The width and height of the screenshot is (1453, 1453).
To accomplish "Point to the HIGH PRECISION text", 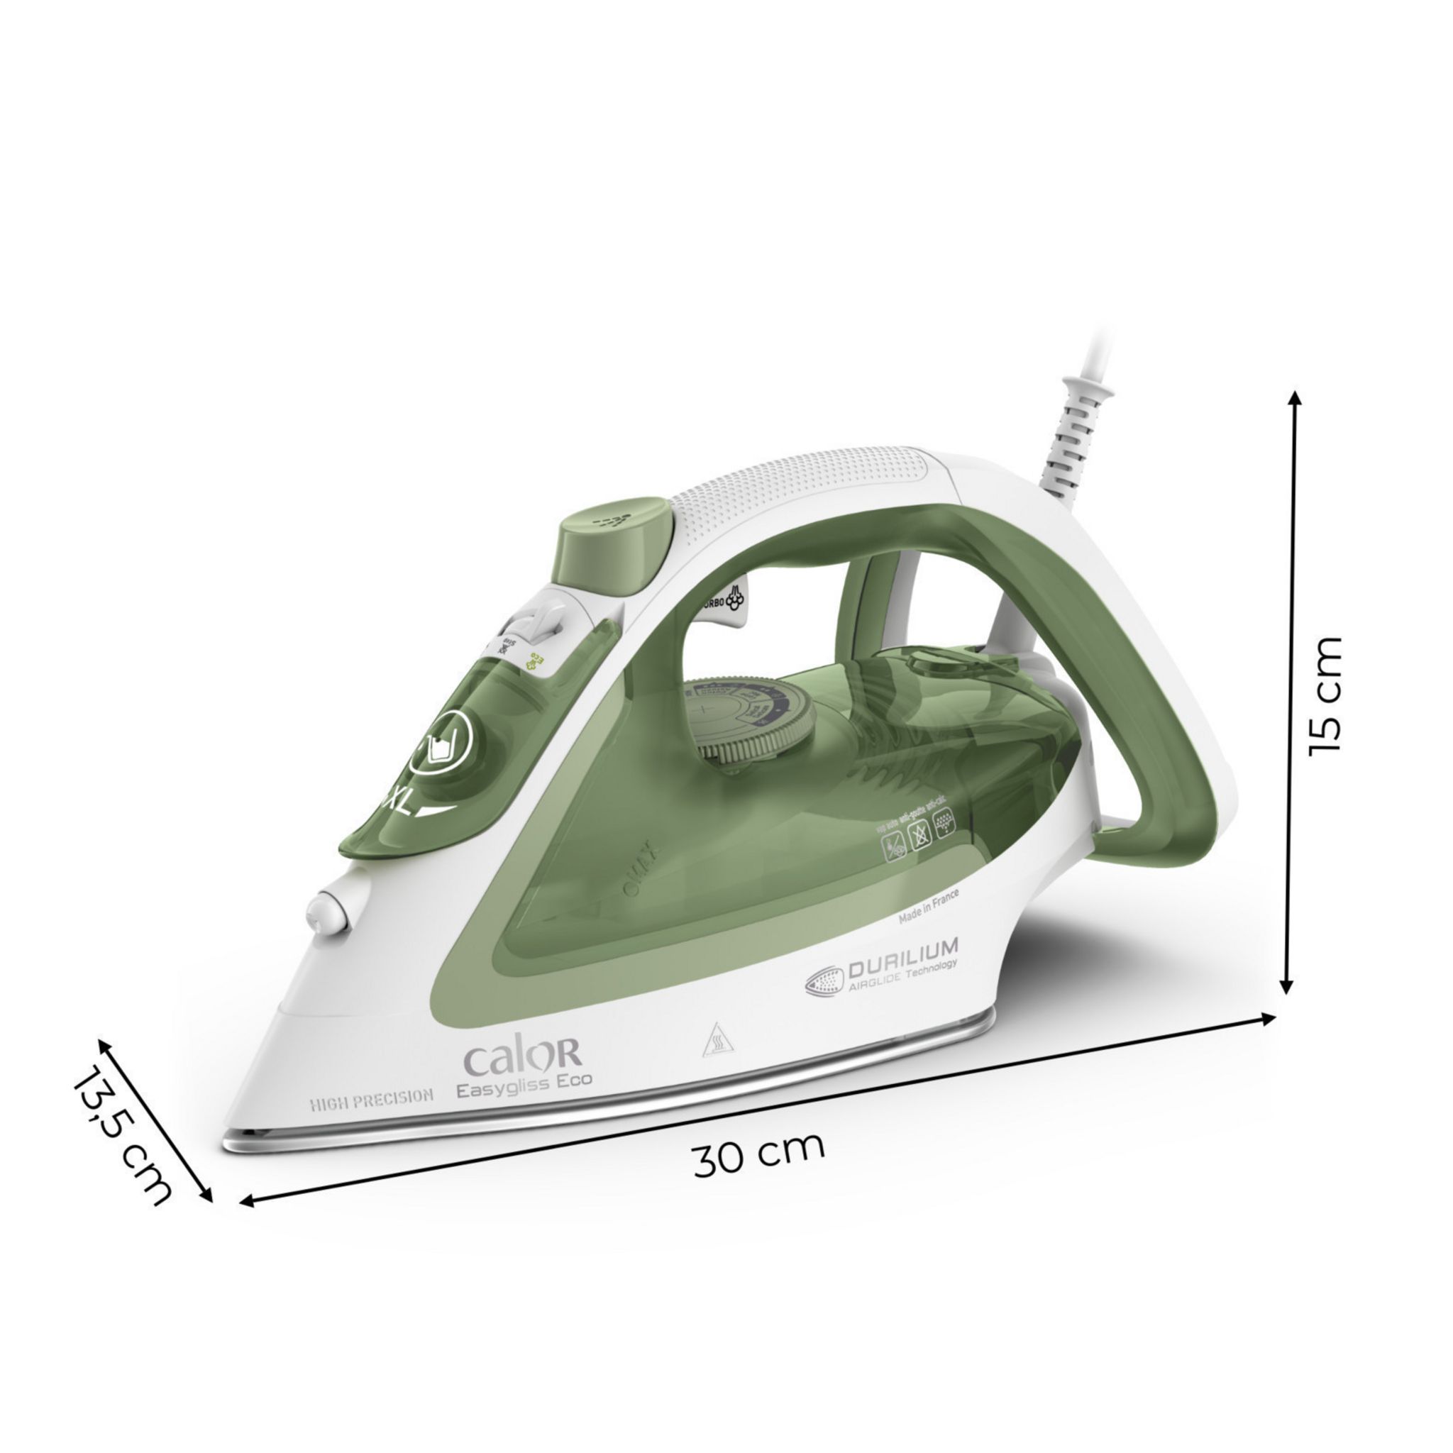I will (372, 1098).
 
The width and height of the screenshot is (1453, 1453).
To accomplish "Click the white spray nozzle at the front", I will (329, 913).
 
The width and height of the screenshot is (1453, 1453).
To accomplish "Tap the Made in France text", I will (928, 906).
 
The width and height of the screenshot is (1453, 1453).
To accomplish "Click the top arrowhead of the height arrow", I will (1294, 397).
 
